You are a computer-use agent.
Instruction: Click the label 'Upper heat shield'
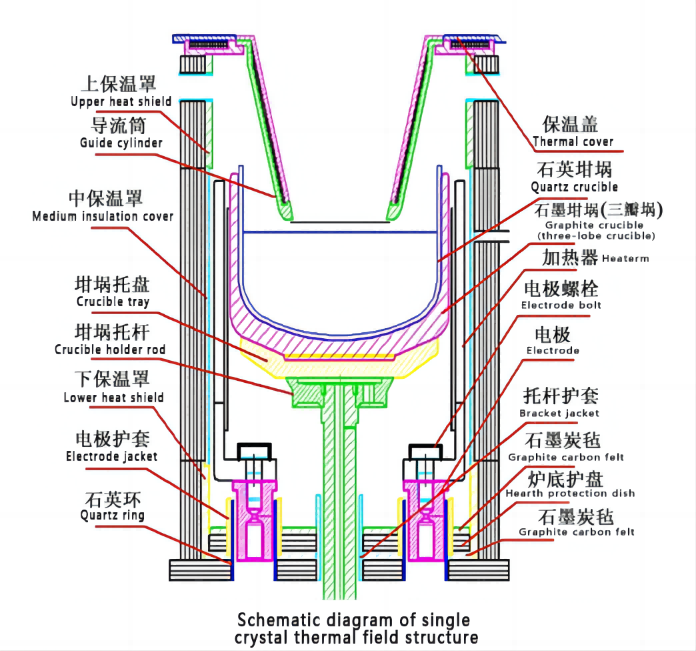121,102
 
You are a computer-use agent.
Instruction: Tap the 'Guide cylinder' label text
121,143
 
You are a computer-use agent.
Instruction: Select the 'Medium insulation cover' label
103,216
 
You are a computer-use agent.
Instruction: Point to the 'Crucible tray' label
113,301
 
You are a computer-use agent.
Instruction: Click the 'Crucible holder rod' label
110,350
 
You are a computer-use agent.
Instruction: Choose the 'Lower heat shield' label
113,398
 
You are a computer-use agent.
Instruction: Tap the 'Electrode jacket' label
111,456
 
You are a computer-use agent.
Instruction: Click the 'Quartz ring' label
111,515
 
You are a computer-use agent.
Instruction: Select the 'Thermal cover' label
573,141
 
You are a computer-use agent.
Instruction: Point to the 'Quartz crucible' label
574,187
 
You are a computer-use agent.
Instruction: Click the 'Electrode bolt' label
561,305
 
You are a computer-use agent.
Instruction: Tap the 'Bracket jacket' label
559,413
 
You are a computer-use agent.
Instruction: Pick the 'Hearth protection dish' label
570,494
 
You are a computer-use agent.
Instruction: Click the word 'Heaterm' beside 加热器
625,258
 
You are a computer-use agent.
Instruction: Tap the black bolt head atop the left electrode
257,451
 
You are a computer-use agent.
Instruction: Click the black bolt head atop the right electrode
425,451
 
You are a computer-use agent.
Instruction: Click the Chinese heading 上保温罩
118,84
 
